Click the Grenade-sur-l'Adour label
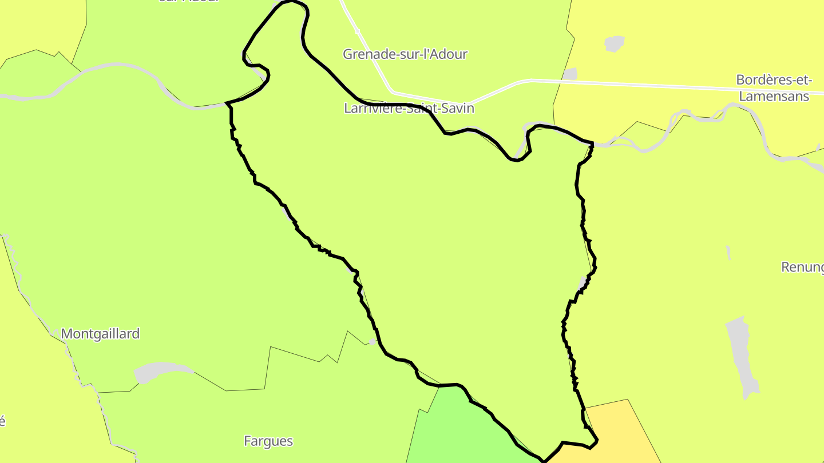coord(405,54)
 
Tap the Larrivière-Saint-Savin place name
coord(409,108)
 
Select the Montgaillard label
coord(100,334)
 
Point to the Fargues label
coord(268,441)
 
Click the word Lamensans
coord(774,96)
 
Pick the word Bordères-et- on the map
coord(774,80)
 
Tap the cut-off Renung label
coord(802,267)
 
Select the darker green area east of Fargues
coord(458,429)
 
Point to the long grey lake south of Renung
coord(743,354)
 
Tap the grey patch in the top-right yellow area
coord(614,43)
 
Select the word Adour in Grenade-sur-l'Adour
coord(449,54)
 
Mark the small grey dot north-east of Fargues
coord(373,342)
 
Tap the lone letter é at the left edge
coord(2,422)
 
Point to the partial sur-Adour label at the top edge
coord(189,2)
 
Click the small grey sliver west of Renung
coord(728,253)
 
